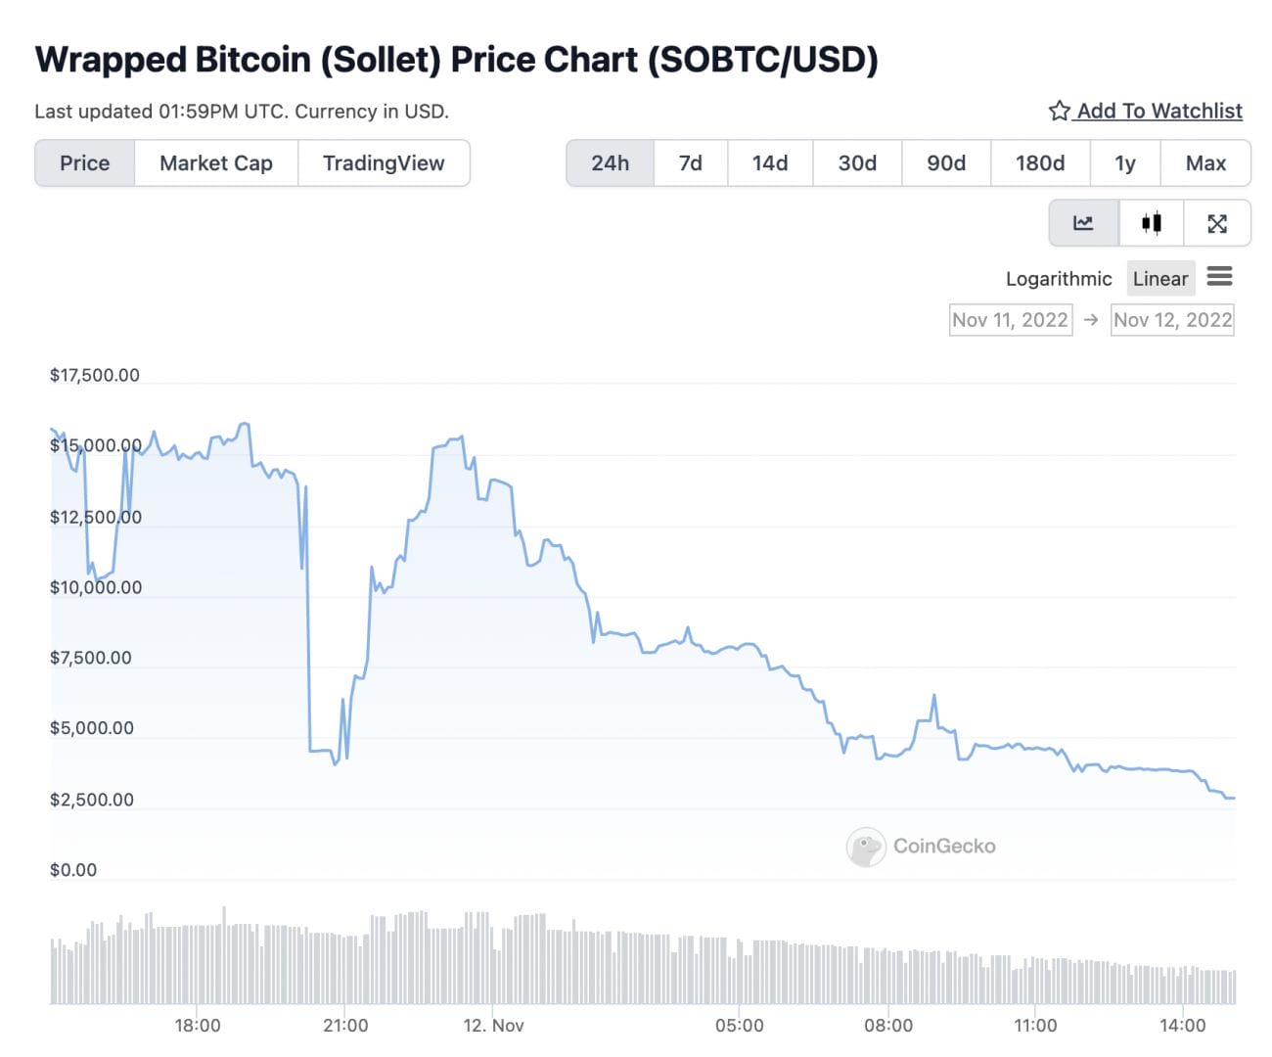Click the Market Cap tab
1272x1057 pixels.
point(216,163)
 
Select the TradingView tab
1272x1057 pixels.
point(384,163)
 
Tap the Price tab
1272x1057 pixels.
point(85,163)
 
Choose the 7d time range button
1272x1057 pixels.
point(691,163)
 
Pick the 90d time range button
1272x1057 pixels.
point(946,163)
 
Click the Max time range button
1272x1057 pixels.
point(1205,163)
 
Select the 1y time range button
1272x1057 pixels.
point(1125,163)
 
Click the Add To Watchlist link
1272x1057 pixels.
point(1159,111)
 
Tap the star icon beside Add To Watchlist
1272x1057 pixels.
point(1059,111)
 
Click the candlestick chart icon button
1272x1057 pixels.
point(1152,223)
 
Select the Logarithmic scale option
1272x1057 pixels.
point(1059,279)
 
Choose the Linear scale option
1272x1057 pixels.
point(1160,279)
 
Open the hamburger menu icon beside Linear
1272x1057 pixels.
point(1219,277)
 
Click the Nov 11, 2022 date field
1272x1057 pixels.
point(1010,320)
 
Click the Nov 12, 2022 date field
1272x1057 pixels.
point(1172,320)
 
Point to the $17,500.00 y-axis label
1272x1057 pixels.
point(95,376)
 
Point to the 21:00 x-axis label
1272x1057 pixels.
point(345,1026)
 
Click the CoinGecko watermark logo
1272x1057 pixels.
point(866,847)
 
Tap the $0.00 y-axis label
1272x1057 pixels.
point(73,870)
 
